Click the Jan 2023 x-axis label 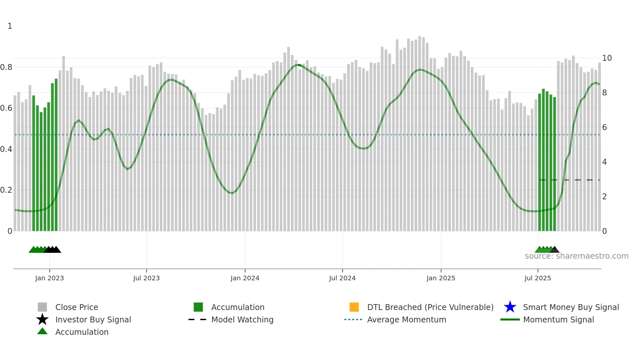pos(50,278)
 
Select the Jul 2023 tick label pos(146,278)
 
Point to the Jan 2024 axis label pos(245,278)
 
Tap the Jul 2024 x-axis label pos(342,278)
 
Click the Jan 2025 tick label pos(441,278)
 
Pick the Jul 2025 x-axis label pos(538,278)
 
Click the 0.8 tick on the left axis pos(6,67)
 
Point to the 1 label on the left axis pos(10,26)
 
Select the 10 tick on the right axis pos(607,58)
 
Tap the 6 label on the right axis pos(604,127)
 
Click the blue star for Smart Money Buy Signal pos(510,307)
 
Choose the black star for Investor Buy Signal pos(42,319)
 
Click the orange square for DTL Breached pos(354,307)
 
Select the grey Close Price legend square pos(42,307)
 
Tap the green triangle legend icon pos(42,331)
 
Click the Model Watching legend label pos(242,319)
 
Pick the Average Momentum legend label pos(407,319)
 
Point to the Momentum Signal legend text pos(558,319)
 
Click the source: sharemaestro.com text pos(576,256)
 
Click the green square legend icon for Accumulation pos(198,307)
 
